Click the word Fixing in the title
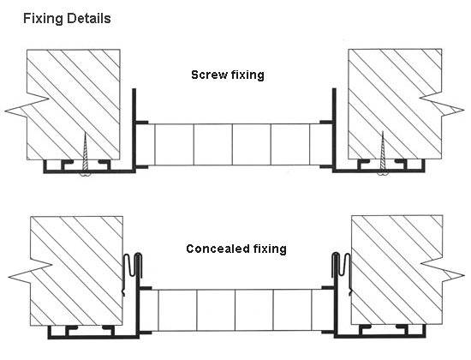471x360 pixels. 43,19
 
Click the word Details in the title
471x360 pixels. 88,18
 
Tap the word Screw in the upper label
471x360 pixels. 208,75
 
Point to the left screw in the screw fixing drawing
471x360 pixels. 86,154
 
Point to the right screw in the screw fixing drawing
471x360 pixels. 383,153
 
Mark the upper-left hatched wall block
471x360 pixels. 74,105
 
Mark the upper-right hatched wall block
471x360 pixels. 395,104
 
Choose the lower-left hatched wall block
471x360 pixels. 76,270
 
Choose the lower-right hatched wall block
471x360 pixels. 397,270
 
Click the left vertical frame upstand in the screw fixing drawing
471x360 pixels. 134,130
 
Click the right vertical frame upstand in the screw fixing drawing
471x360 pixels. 334,130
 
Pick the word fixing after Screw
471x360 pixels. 247,75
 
